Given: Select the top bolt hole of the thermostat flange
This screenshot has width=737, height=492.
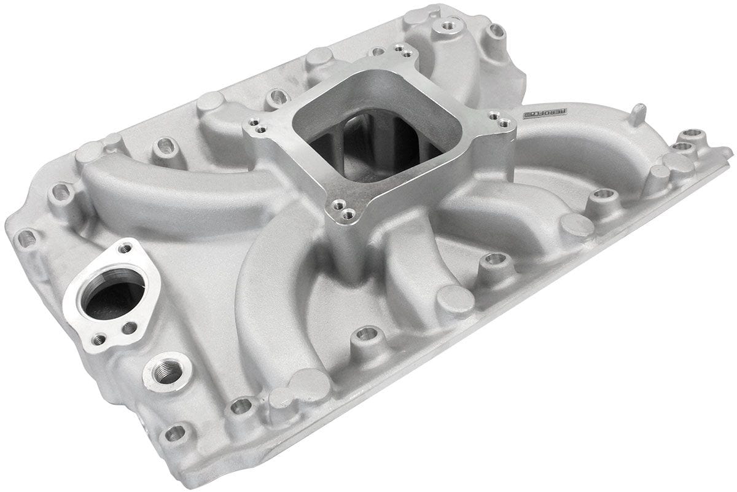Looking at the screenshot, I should pos(126,248).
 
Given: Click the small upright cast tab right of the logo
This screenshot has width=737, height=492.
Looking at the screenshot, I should pos(639,114).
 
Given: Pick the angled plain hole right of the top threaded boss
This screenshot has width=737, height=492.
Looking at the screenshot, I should pos(495,31).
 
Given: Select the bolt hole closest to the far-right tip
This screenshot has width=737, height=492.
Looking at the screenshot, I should pos(693,133).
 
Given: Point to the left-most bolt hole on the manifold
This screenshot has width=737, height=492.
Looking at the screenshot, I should pos(26,238).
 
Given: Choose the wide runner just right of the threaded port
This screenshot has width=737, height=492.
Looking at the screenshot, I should pos(270,307).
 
